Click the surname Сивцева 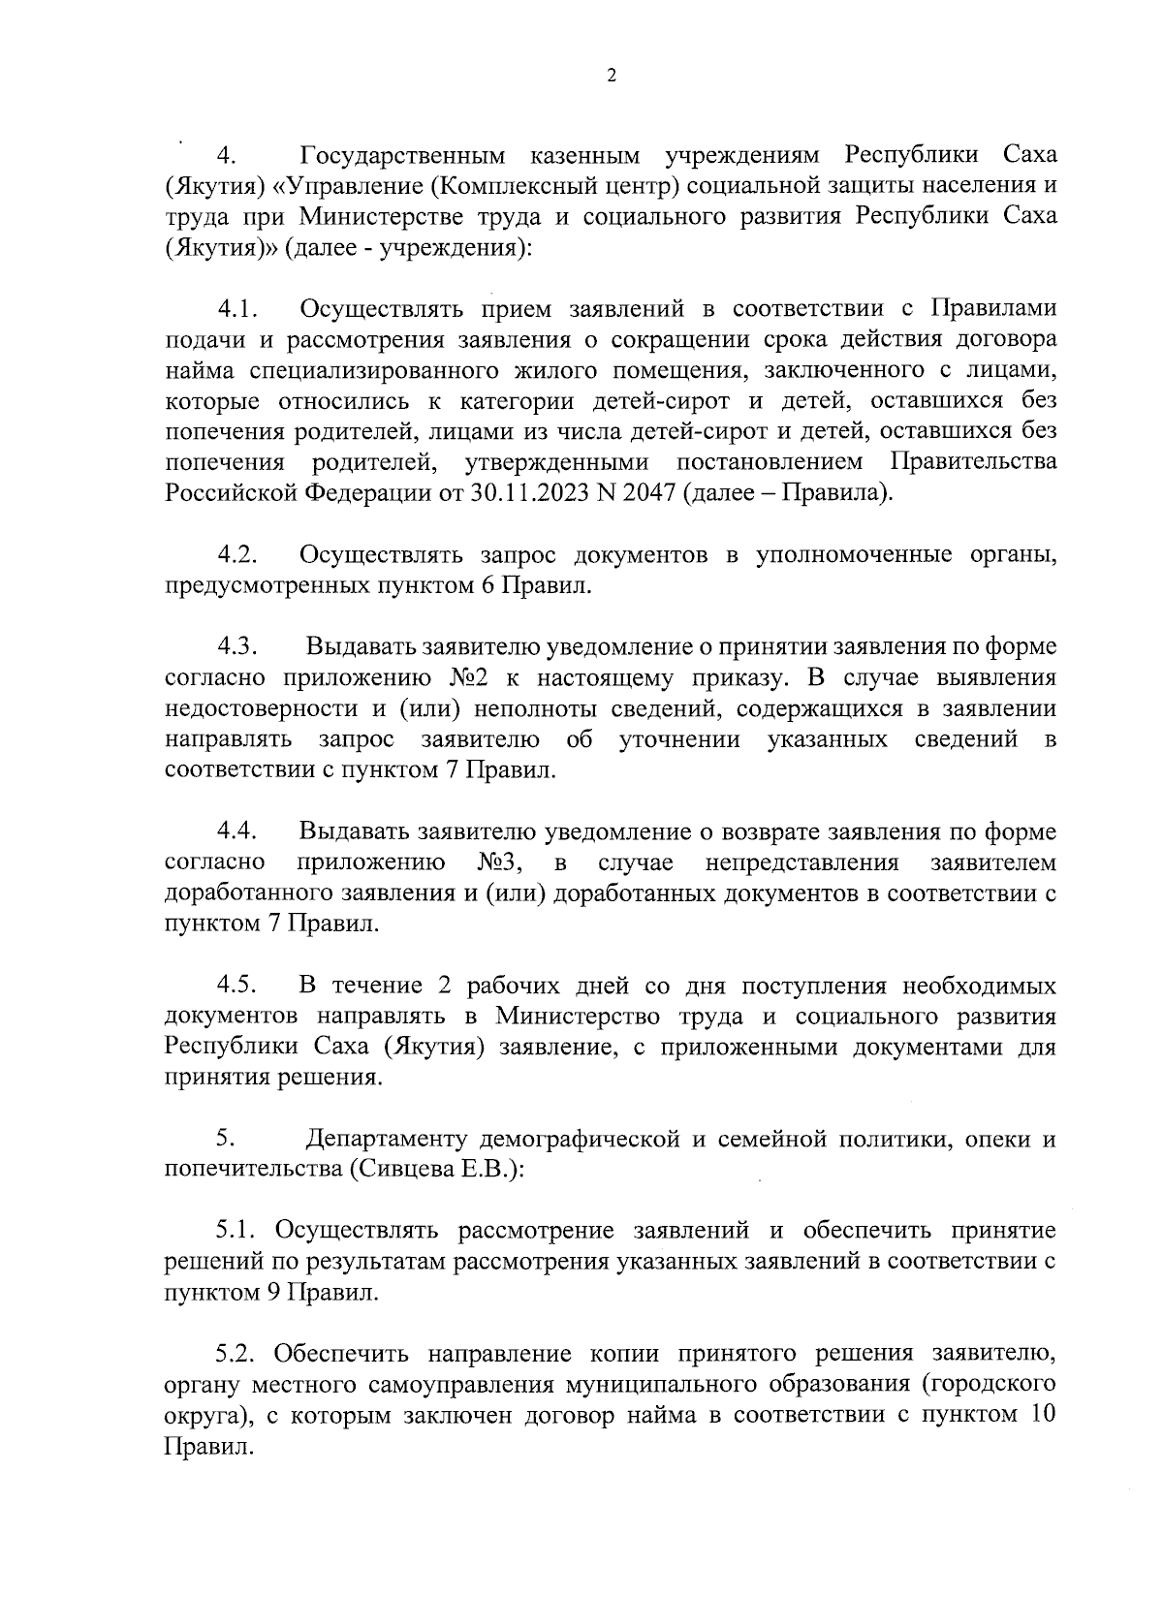pyautogui.click(x=394, y=1170)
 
